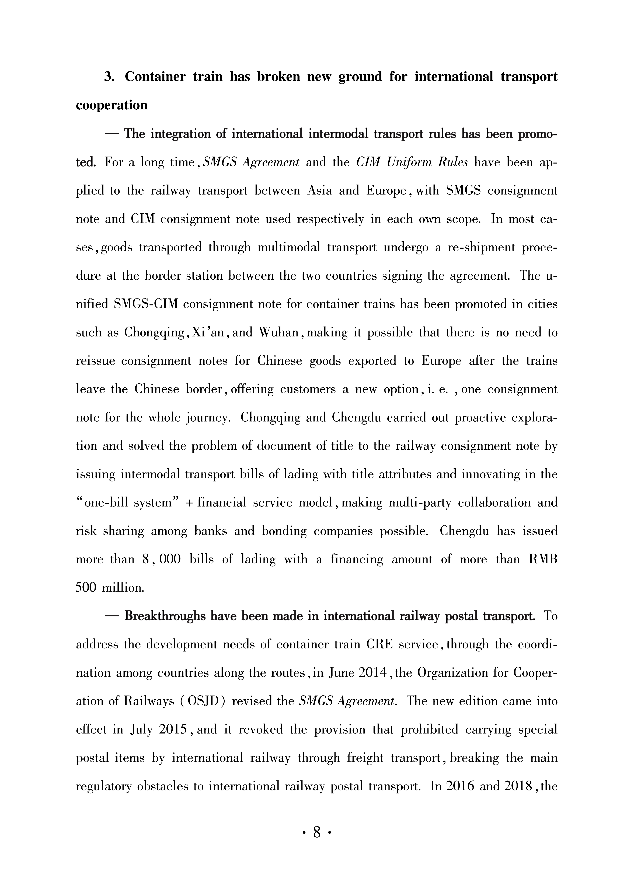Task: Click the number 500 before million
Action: [x=85, y=588]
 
